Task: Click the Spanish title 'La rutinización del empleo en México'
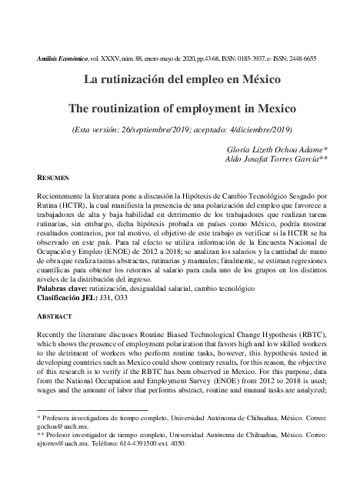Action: (179, 78)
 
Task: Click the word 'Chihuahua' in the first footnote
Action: (252, 416)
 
